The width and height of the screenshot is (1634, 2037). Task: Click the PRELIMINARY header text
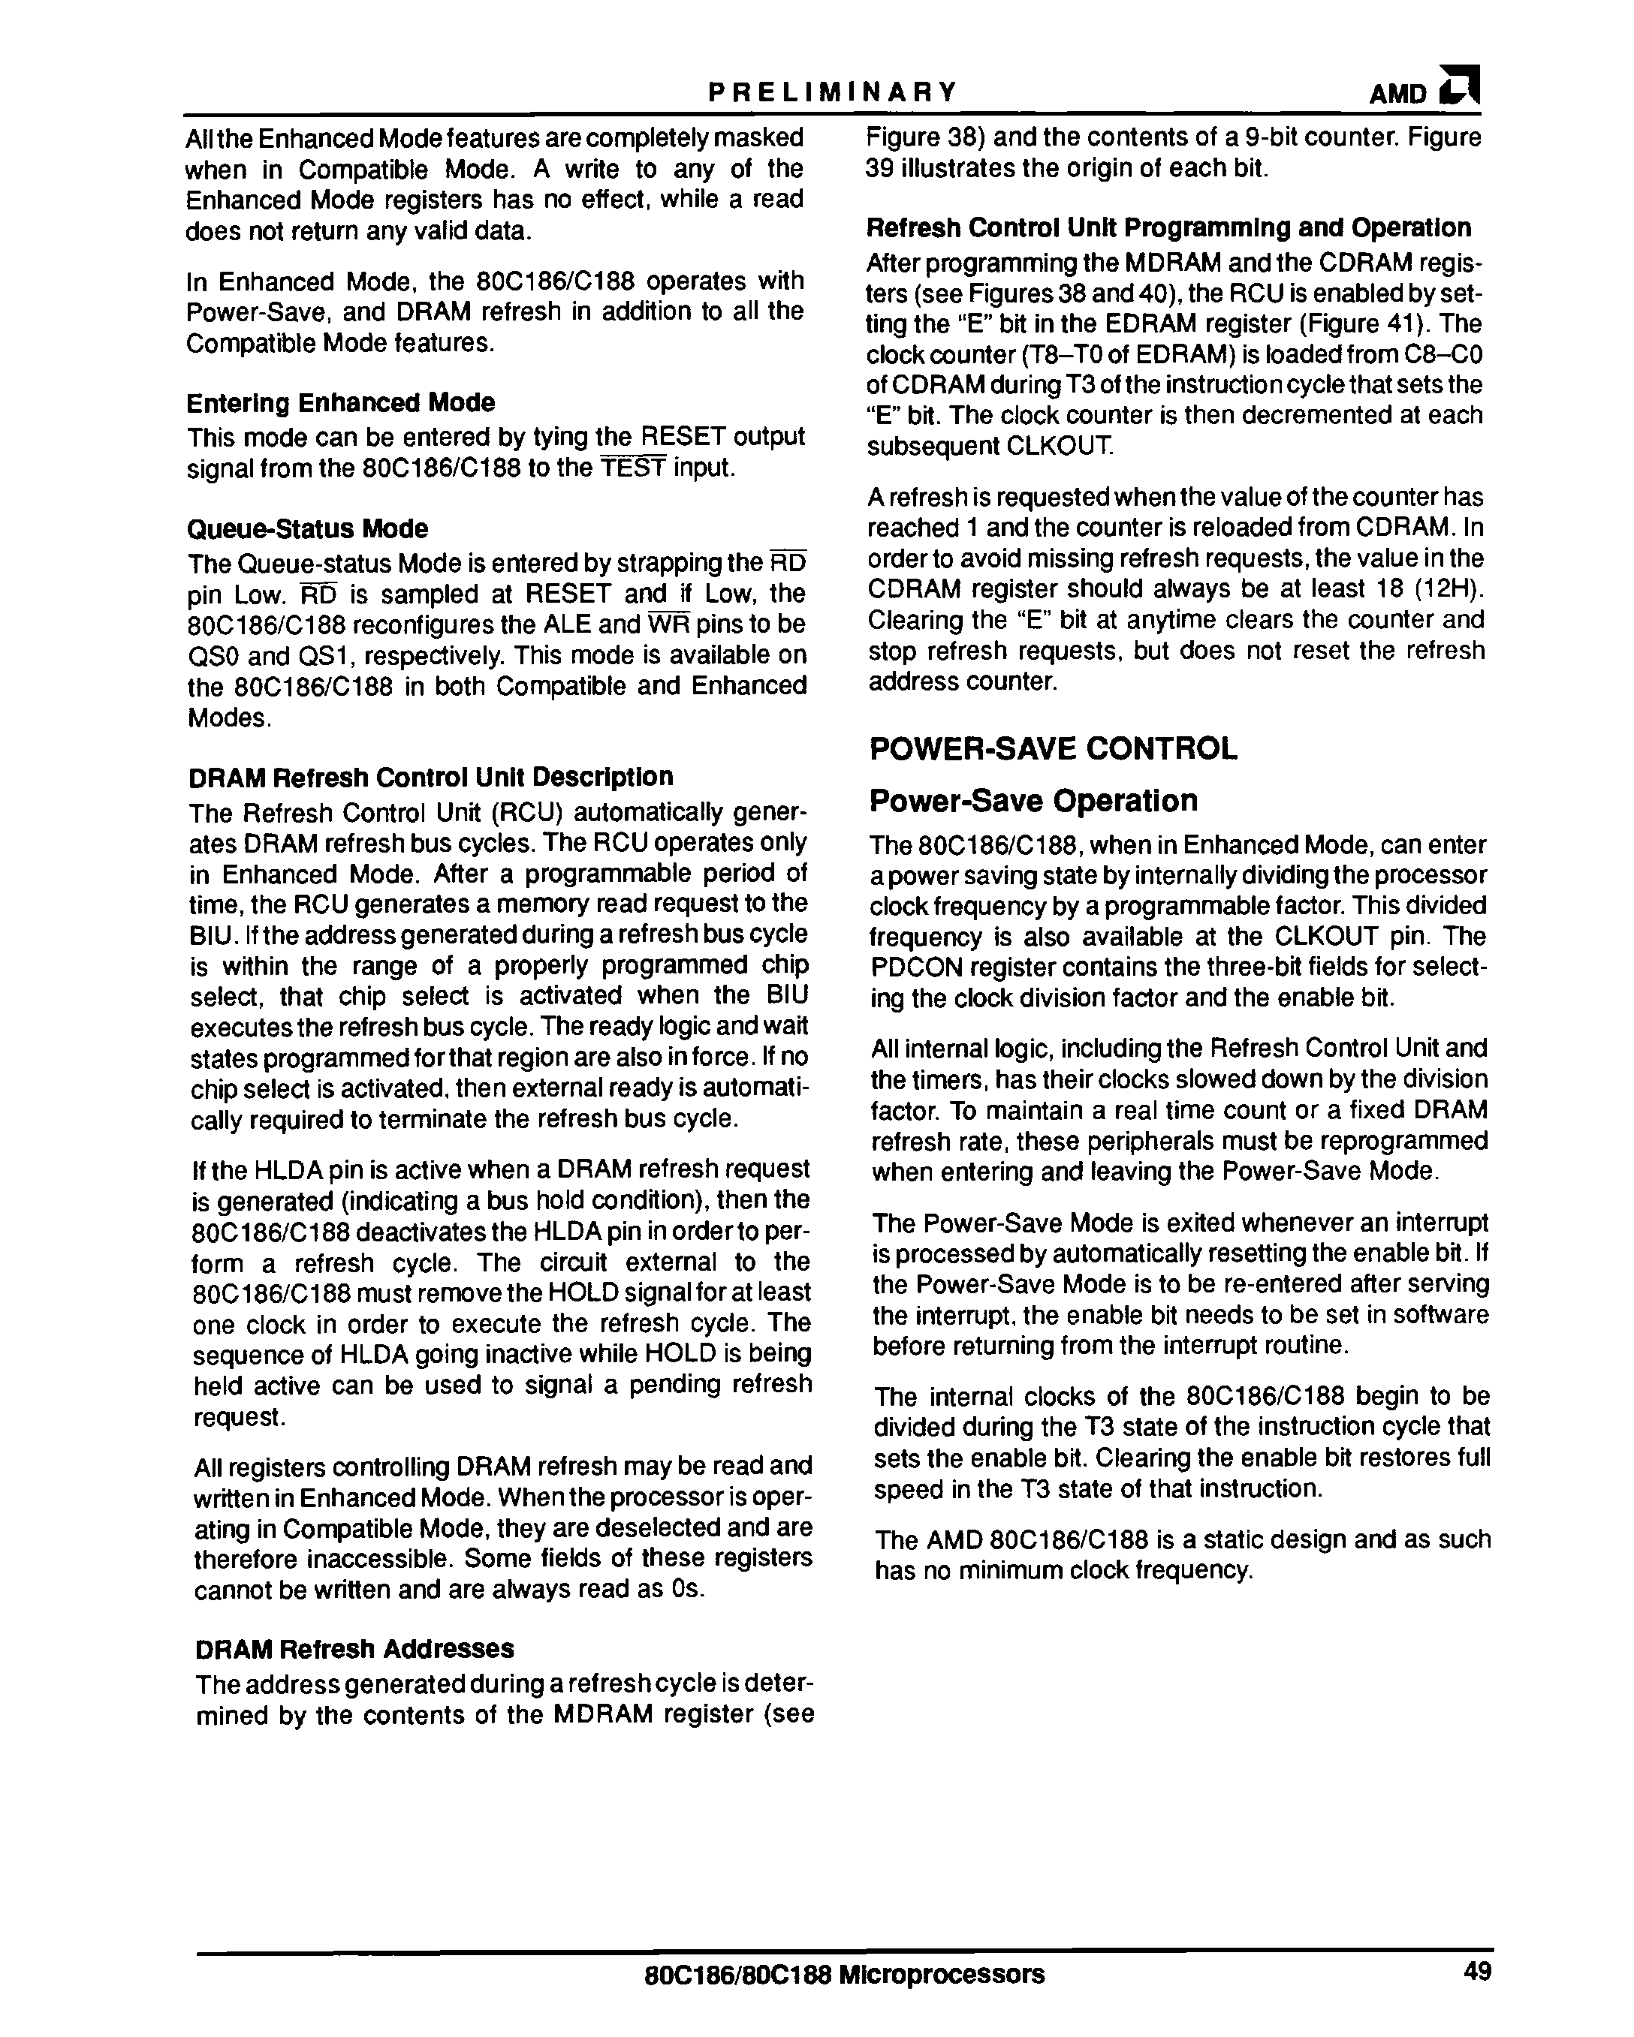[x=833, y=92]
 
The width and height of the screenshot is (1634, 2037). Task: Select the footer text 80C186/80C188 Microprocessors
[x=843, y=1974]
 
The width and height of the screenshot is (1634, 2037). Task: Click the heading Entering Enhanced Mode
[x=340, y=404]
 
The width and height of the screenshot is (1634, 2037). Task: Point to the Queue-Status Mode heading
[x=307, y=529]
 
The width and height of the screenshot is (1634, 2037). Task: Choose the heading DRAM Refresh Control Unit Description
[x=431, y=778]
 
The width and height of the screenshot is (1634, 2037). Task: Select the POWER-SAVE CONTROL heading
[x=1053, y=749]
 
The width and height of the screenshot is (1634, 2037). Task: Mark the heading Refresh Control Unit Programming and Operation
[x=1169, y=229]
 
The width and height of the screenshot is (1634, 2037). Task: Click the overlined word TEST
[x=633, y=468]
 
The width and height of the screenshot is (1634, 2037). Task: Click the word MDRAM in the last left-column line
[x=603, y=1716]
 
